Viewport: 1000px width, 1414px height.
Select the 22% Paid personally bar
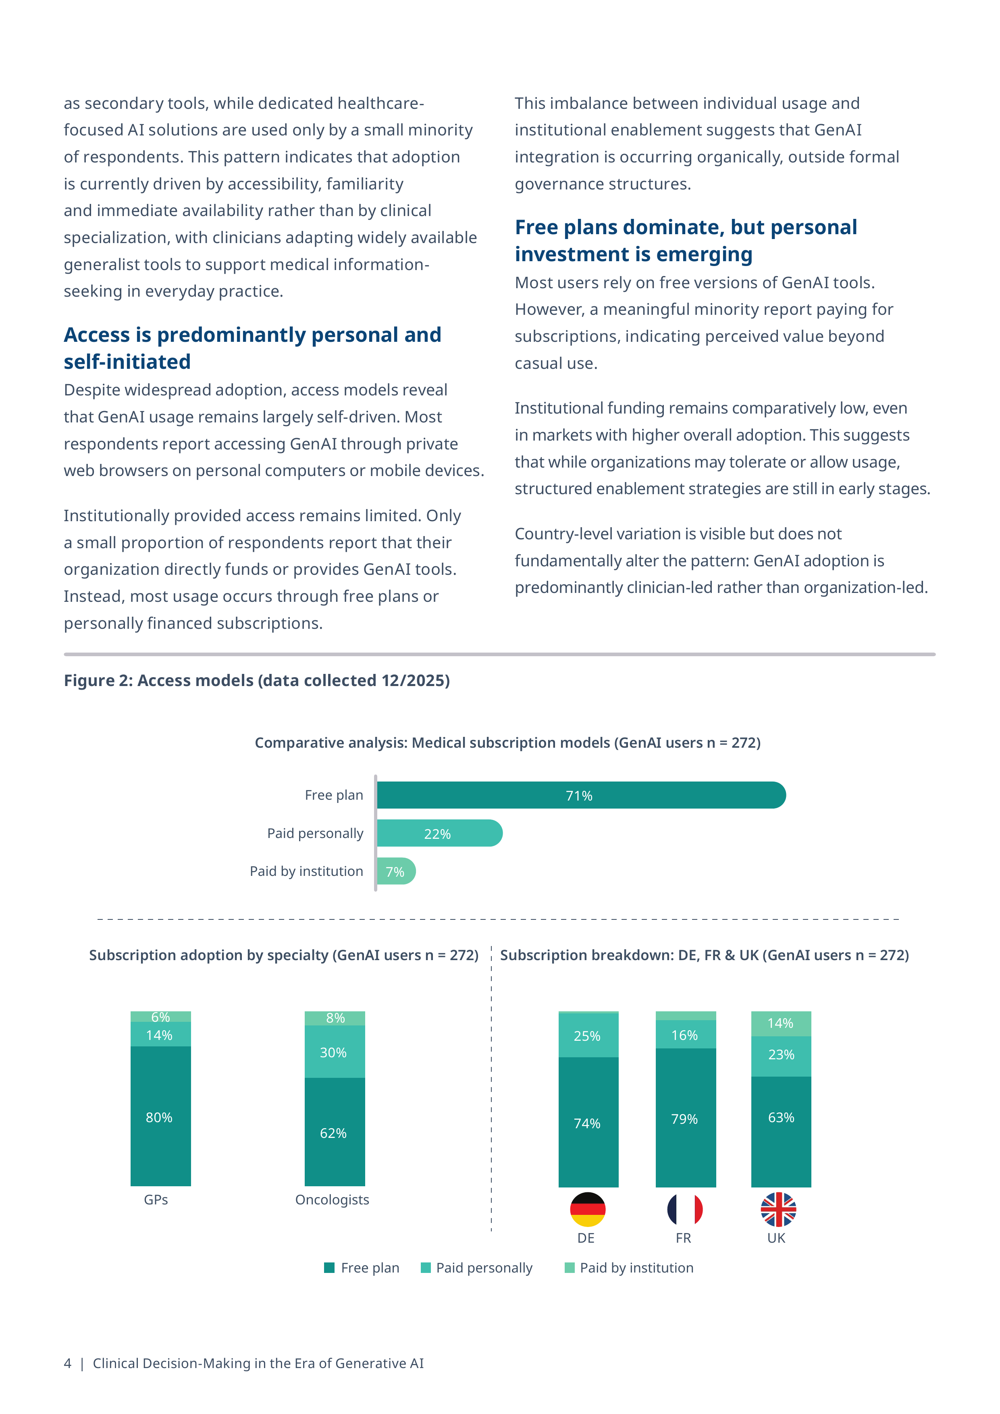pos(440,833)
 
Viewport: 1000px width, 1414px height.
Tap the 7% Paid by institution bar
pos(396,871)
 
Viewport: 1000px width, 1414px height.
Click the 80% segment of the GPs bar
pos(161,1116)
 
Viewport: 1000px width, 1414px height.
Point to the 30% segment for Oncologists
pos(335,1051)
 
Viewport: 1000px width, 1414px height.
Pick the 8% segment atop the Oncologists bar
pos(335,1018)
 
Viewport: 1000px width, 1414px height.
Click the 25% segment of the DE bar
pos(588,1035)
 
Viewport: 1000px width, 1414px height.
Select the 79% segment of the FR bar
pos(686,1117)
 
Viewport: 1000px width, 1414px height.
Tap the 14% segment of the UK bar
pos(782,1023)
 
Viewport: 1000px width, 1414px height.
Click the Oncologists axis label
pos(333,1200)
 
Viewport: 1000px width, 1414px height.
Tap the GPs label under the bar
pos(156,1200)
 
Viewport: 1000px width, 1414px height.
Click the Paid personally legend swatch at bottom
pos(426,1267)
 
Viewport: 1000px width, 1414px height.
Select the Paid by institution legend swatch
pos(570,1267)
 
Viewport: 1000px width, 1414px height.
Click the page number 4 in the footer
pos(68,1363)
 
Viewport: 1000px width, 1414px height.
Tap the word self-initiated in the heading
pos(127,362)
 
